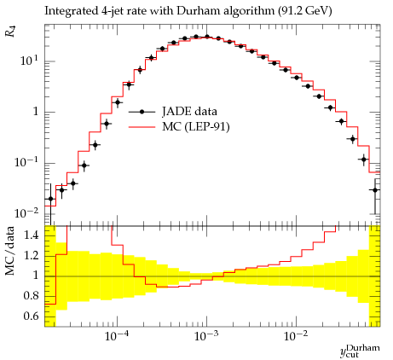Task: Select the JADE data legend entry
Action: point(173,112)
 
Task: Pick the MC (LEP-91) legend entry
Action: point(179,126)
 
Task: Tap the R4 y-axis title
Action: point(10,32)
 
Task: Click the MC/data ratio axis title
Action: point(10,251)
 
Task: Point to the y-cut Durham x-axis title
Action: point(360,351)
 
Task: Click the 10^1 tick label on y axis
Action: point(29,61)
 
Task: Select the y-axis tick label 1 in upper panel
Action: point(35,112)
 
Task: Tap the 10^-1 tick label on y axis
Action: point(26,162)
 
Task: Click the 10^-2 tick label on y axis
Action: point(26,213)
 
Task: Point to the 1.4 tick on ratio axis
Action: point(32,235)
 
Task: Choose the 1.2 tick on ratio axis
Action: point(32,255)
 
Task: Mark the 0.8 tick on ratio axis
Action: point(32,296)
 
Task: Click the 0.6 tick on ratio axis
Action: point(32,316)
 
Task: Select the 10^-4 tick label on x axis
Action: point(117,336)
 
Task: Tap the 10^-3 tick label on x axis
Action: point(206,336)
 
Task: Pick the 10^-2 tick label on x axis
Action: point(296,336)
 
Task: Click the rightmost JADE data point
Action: point(375,190)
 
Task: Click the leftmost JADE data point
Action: point(50,199)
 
